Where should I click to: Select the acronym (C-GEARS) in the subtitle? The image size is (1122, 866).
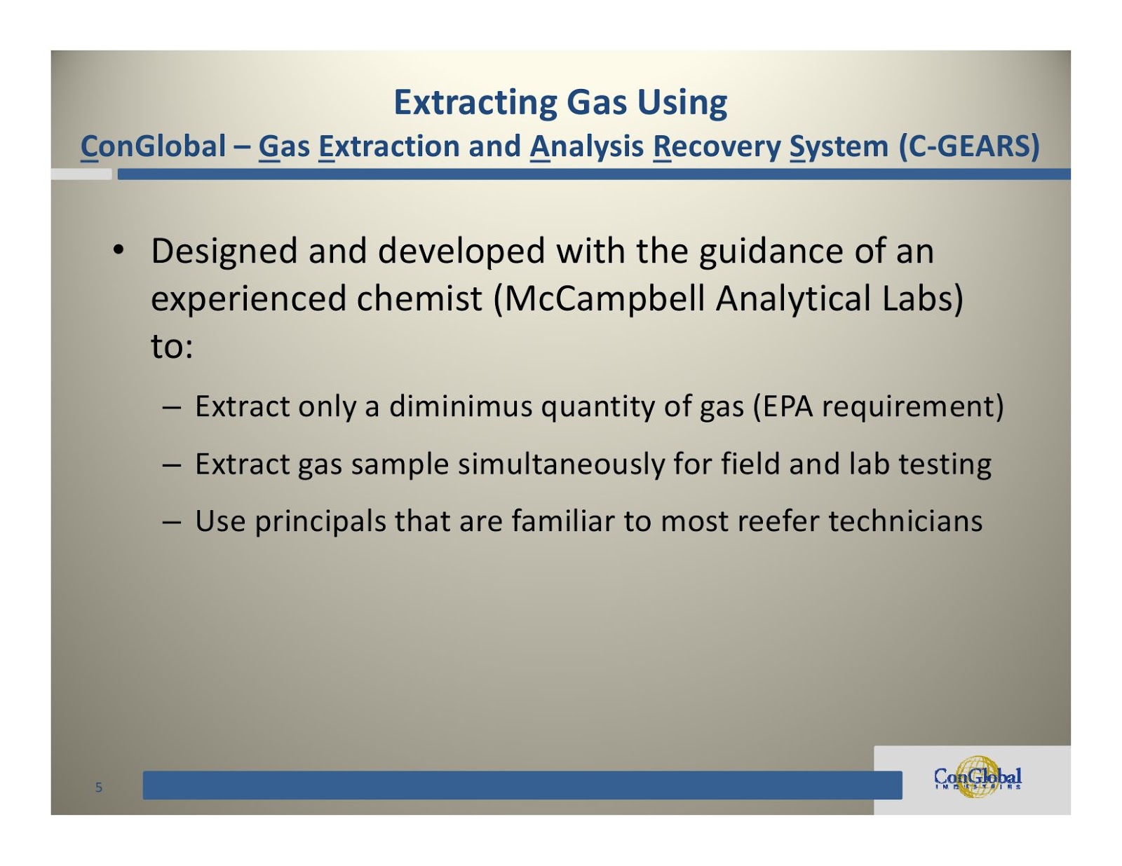point(968,146)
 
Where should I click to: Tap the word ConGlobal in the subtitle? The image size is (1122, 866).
point(153,146)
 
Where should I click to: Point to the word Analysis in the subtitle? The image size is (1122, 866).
point(586,146)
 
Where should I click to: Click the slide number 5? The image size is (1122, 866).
point(99,788)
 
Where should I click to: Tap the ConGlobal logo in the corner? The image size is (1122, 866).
point(978,777)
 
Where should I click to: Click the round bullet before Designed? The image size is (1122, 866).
point(119,250)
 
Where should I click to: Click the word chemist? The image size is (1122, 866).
point(419,298)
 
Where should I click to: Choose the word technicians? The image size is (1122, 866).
point(905,521)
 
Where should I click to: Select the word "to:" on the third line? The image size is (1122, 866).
point(172,346)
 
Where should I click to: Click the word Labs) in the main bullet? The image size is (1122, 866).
point(923,298)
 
